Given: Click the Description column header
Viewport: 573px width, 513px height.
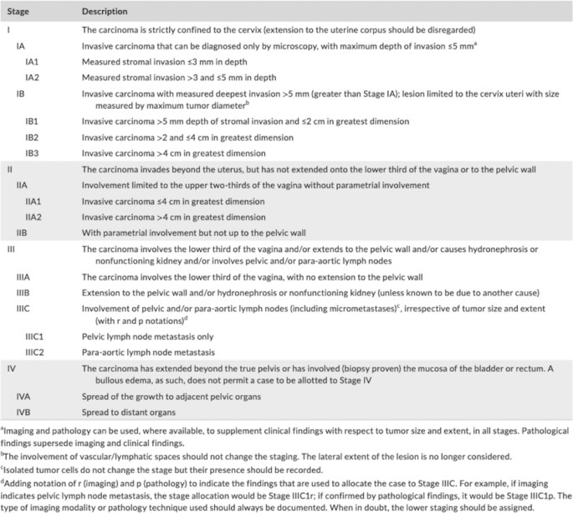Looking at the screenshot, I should [x=105, y=12].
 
